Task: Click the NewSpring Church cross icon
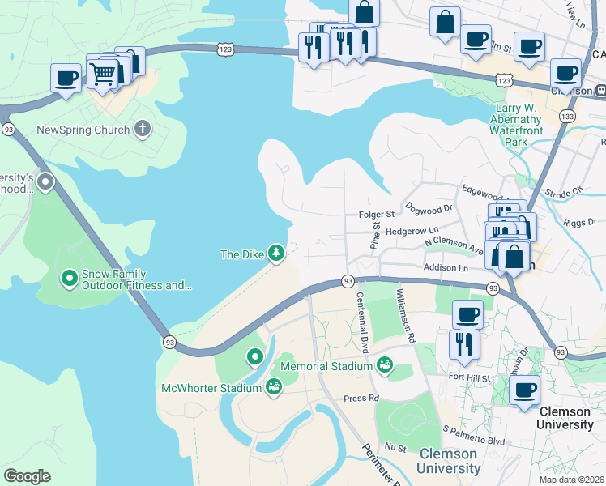point(142,129)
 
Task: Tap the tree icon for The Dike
point(276,254)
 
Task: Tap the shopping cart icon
point(102,73)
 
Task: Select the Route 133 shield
point(567,117)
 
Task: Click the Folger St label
point(376,215)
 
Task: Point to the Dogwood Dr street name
point(429,208)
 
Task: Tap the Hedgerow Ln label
point(412,232)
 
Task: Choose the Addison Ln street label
point(446,267)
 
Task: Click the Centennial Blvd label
point(362,322)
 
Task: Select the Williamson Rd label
point(405,314)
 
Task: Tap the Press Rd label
point(361,399)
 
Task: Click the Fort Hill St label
point(470,377)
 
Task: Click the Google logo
point(27,476)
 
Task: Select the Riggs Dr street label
point(580,221)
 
